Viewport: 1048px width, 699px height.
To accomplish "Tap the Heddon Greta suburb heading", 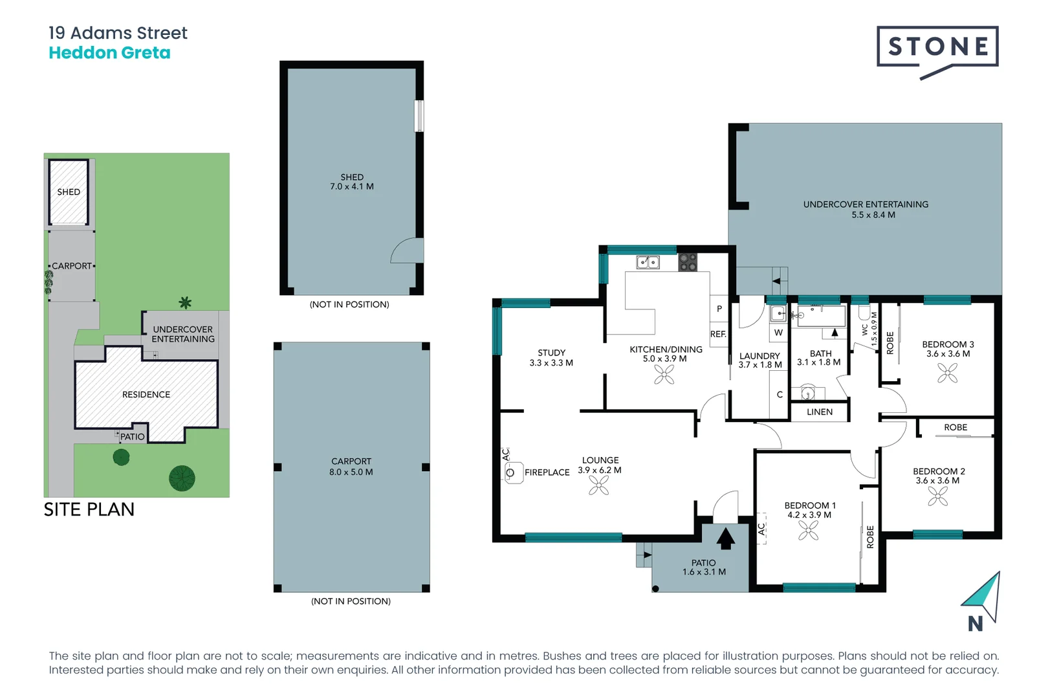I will pyautogui.click(x=109, y=53).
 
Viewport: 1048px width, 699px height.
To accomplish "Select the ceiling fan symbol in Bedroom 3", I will pyautogui.click(x=947, y=373).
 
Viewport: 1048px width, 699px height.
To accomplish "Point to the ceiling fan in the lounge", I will pyautogui.click(x=599, y=485).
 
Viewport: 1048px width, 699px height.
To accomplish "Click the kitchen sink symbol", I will pyautogui.click(x=648, y=262).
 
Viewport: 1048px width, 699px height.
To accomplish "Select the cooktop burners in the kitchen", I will pyautogui.click(x=688, y=262).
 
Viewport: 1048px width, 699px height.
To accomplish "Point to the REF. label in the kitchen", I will pyautogui.click(x=718, y=334).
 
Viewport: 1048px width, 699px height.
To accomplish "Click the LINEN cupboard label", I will pyautogui.click(x=820, y=412).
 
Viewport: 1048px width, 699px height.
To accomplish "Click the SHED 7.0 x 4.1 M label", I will pyautogui.click(x=352, y=182).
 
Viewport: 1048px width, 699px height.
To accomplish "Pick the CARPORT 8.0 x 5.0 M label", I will pyautogui.click(x=351, y=467).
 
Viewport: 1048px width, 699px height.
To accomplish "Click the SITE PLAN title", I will pyautogui.click(x=89, y=509).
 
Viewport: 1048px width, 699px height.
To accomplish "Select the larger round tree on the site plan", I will pyautogui.click(x=182, y=478).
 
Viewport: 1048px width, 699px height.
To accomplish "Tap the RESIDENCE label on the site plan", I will pyautogui.click(x=146, y=394).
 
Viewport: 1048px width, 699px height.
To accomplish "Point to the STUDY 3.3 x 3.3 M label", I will pyautogui.click(x=551, y=358).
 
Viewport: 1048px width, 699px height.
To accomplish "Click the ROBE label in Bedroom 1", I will pyautogui.click(x=870, y=537).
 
